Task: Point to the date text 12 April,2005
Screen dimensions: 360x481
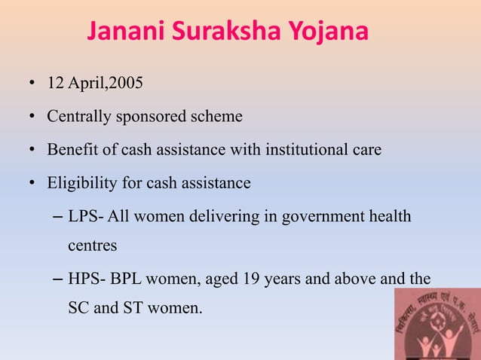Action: click(x=93, y=84)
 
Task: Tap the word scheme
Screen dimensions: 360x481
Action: click(x=217, y=117)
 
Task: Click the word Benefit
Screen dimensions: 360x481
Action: click(x=72, y=150)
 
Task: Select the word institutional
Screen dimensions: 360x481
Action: click(x=310, y=150)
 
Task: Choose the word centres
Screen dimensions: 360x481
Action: click(x=91, y=245)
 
